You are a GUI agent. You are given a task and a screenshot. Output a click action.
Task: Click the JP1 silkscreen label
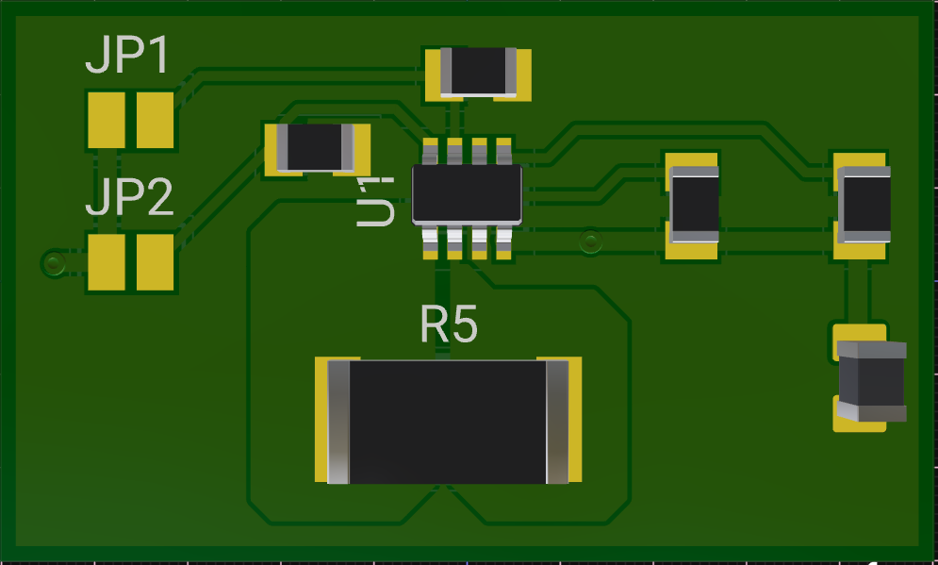[x=127, y=57]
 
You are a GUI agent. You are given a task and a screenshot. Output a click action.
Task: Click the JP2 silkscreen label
[x=129, y=199]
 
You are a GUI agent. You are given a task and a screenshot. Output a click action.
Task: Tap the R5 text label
[x=449, y=324]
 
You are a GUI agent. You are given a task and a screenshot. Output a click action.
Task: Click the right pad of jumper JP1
[x=155, y=120]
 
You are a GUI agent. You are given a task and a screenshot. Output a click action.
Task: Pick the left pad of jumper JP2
[x=106, y=262]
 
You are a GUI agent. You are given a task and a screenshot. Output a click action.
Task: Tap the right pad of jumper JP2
[x=155, y=262]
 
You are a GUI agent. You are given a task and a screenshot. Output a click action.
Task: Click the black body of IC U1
[x=467, y=194]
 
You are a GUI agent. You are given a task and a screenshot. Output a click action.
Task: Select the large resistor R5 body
[x=447, y=422]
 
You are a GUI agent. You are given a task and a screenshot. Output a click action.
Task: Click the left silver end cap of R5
[x=337, y=422]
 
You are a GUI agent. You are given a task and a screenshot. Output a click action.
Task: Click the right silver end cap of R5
[x=557, y=422]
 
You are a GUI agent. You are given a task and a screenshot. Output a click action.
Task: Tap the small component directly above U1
[x=479, y=72]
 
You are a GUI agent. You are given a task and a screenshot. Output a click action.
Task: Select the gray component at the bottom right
[x=872, y=381]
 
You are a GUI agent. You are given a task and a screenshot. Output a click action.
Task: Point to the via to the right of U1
[x=590, y=241]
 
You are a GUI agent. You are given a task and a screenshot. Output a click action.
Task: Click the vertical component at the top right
[x=864, y=203]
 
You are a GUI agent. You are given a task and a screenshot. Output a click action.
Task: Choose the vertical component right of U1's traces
[x=694, y=203]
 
